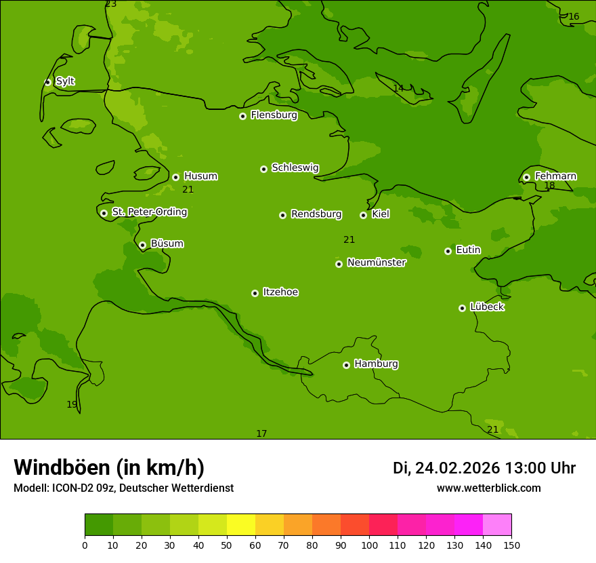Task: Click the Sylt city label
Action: point(65,81)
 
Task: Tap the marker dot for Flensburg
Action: point(242,116)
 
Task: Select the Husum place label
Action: point(200,176)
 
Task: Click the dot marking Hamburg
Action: point(346,365)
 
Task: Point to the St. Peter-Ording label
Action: point(149,212)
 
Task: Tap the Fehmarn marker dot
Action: point(526,177)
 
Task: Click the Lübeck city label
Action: point(487,307)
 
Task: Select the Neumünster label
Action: point(377,263)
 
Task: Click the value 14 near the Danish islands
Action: point(398,88)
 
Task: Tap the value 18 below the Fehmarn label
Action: point(549,185)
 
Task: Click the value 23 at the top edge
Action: point(111,4)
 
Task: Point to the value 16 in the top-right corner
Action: point(574,17)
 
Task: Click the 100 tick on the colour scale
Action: point(369,545)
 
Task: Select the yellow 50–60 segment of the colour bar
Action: point(241,524)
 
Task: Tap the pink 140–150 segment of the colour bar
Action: point(497,524)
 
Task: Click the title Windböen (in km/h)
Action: point(109,467)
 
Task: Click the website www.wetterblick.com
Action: point(488,488)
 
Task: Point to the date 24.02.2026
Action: point(457,468)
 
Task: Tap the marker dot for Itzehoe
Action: point(255,293)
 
